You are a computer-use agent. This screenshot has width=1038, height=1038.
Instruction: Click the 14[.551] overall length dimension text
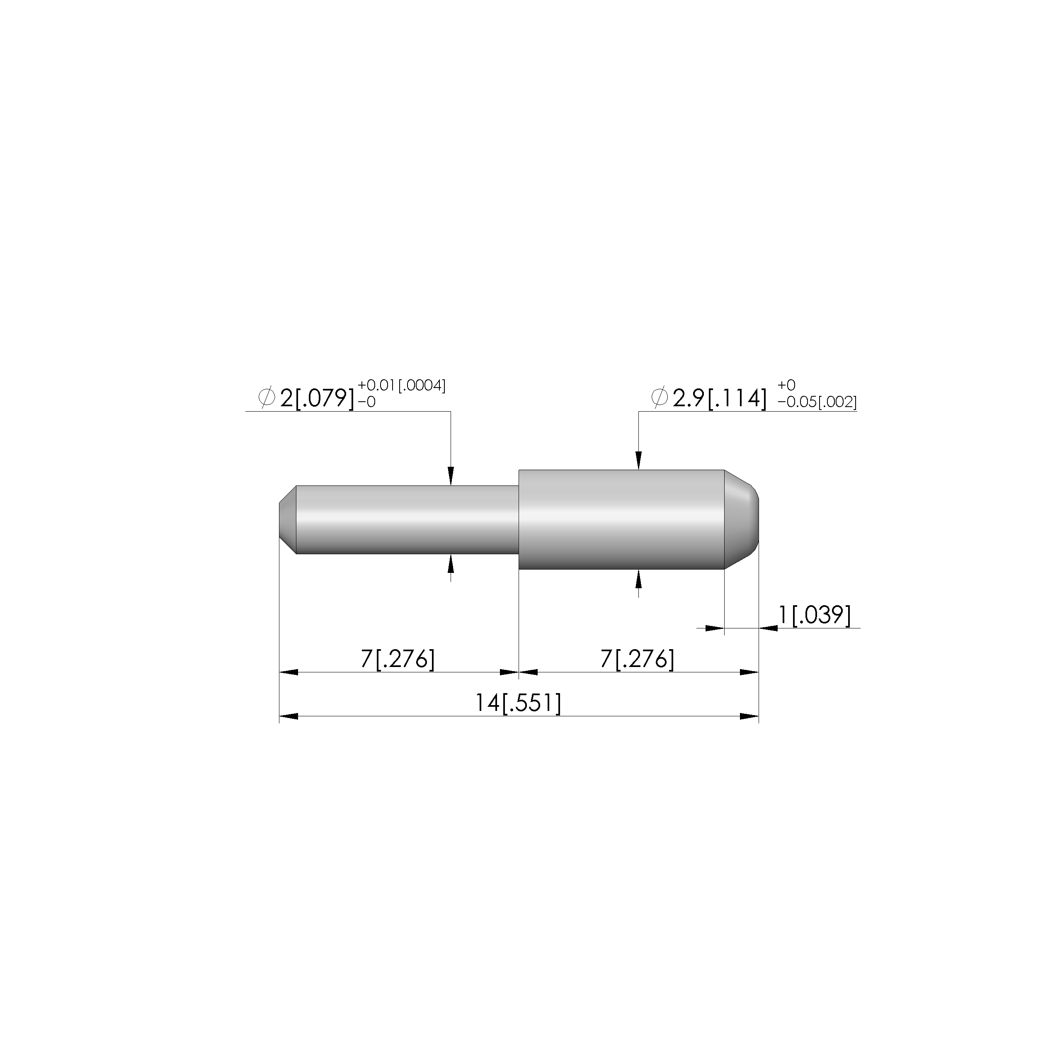[518, 703]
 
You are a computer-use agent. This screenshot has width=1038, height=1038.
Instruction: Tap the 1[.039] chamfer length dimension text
[815, 615]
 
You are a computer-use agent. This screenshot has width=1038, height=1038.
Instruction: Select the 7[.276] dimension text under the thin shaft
[397, 659]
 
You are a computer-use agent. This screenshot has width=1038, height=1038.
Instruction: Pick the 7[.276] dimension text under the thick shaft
[637, 659]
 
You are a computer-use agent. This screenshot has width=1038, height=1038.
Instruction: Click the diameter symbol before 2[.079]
[267, 398]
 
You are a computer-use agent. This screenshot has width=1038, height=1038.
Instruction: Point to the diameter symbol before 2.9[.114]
[659, 398]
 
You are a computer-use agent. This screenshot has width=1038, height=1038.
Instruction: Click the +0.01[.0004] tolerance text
[401, 385]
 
